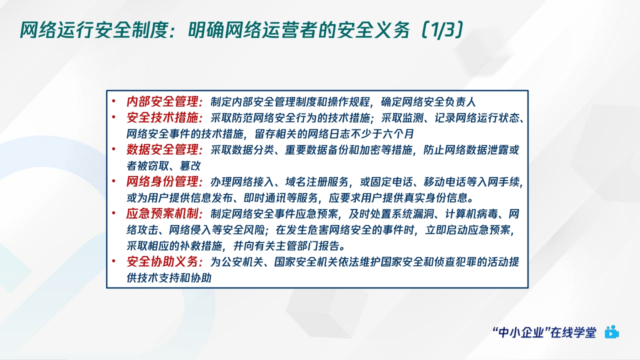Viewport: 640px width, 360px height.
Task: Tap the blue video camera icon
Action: [x=611, y=332]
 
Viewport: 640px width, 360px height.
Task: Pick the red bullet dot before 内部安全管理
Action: [x=114, y=101]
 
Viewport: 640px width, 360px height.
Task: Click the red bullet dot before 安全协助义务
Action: [x=114, y=261]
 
